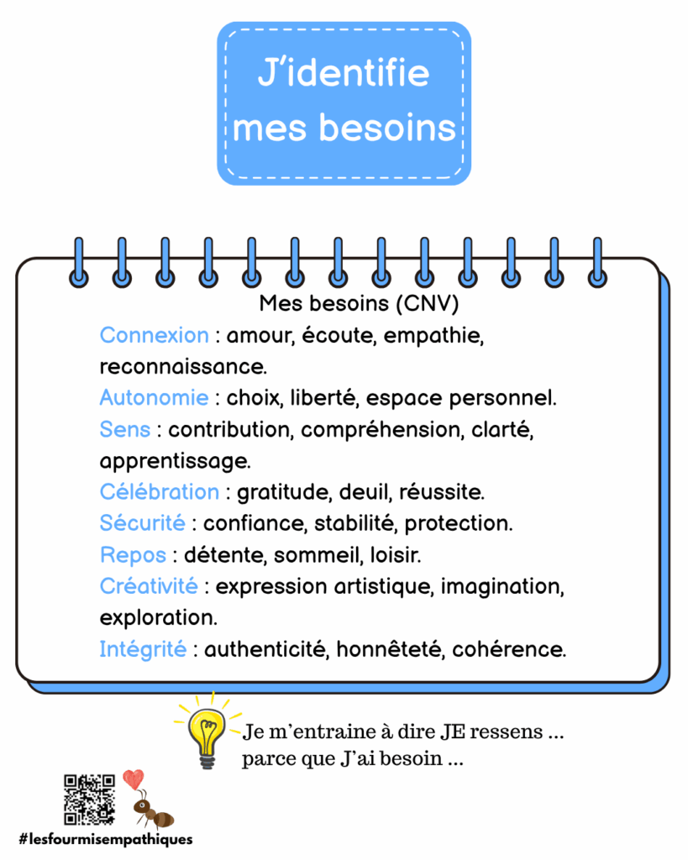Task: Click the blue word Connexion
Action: point(155,335)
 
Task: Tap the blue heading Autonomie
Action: point(155,397)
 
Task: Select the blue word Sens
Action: point(125,429)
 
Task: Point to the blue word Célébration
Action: point(160,492)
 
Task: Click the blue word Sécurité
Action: point(143,523)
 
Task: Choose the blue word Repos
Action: point(134,556)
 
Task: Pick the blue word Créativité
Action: point(150,586)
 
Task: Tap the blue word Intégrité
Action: point(143,649)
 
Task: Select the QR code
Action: point(89,800)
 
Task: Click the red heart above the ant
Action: point(133,779)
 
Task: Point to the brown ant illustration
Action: point(153,810)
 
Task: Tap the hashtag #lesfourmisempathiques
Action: point(106,839)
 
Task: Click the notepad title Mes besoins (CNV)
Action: point(359,303)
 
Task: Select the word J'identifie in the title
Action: point(344,73)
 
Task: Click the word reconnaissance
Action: point(183,367)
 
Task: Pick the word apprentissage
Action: point(175,462)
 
